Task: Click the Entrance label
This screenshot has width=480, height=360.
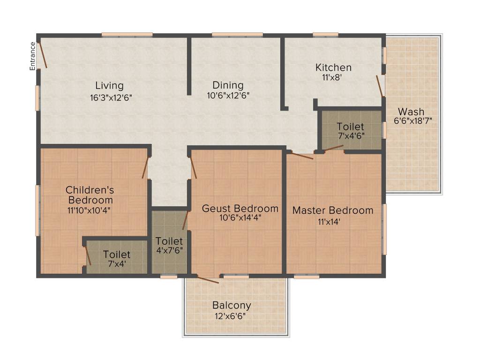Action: click(x=32, y=56)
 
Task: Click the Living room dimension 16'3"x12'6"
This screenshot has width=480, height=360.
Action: click(x=111, y=98)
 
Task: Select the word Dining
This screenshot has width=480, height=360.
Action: click(x=228, y=85)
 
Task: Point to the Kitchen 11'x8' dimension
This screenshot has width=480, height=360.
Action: click(x=332, y=77)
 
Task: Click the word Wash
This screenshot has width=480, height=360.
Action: click(x=411, y=112)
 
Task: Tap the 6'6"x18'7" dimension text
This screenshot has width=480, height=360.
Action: click(x=412, y=120)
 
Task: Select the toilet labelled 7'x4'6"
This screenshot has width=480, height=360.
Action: click(x=351, y=131)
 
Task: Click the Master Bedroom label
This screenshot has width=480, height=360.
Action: click(x=333, y=210)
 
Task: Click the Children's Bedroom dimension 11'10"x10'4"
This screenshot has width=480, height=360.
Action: click(x=89, y=210)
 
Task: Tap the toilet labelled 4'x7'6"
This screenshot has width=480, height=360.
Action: click(x=169, y=242)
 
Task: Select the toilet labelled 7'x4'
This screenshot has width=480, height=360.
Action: click(x=117, y=257)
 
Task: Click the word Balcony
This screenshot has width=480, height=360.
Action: click(x=232, y=305)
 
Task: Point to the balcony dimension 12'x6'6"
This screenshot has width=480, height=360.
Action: click(x=230, y=316)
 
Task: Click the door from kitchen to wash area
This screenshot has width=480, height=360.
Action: click(x=380, y=86)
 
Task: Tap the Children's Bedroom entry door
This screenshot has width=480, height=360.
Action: click(x=145, y=168)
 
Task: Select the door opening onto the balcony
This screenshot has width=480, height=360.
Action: click(x=208, y=279)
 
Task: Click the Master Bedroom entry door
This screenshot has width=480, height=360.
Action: click(x=302, y=156)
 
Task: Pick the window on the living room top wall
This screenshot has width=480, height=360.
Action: click(x=127, y=35)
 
